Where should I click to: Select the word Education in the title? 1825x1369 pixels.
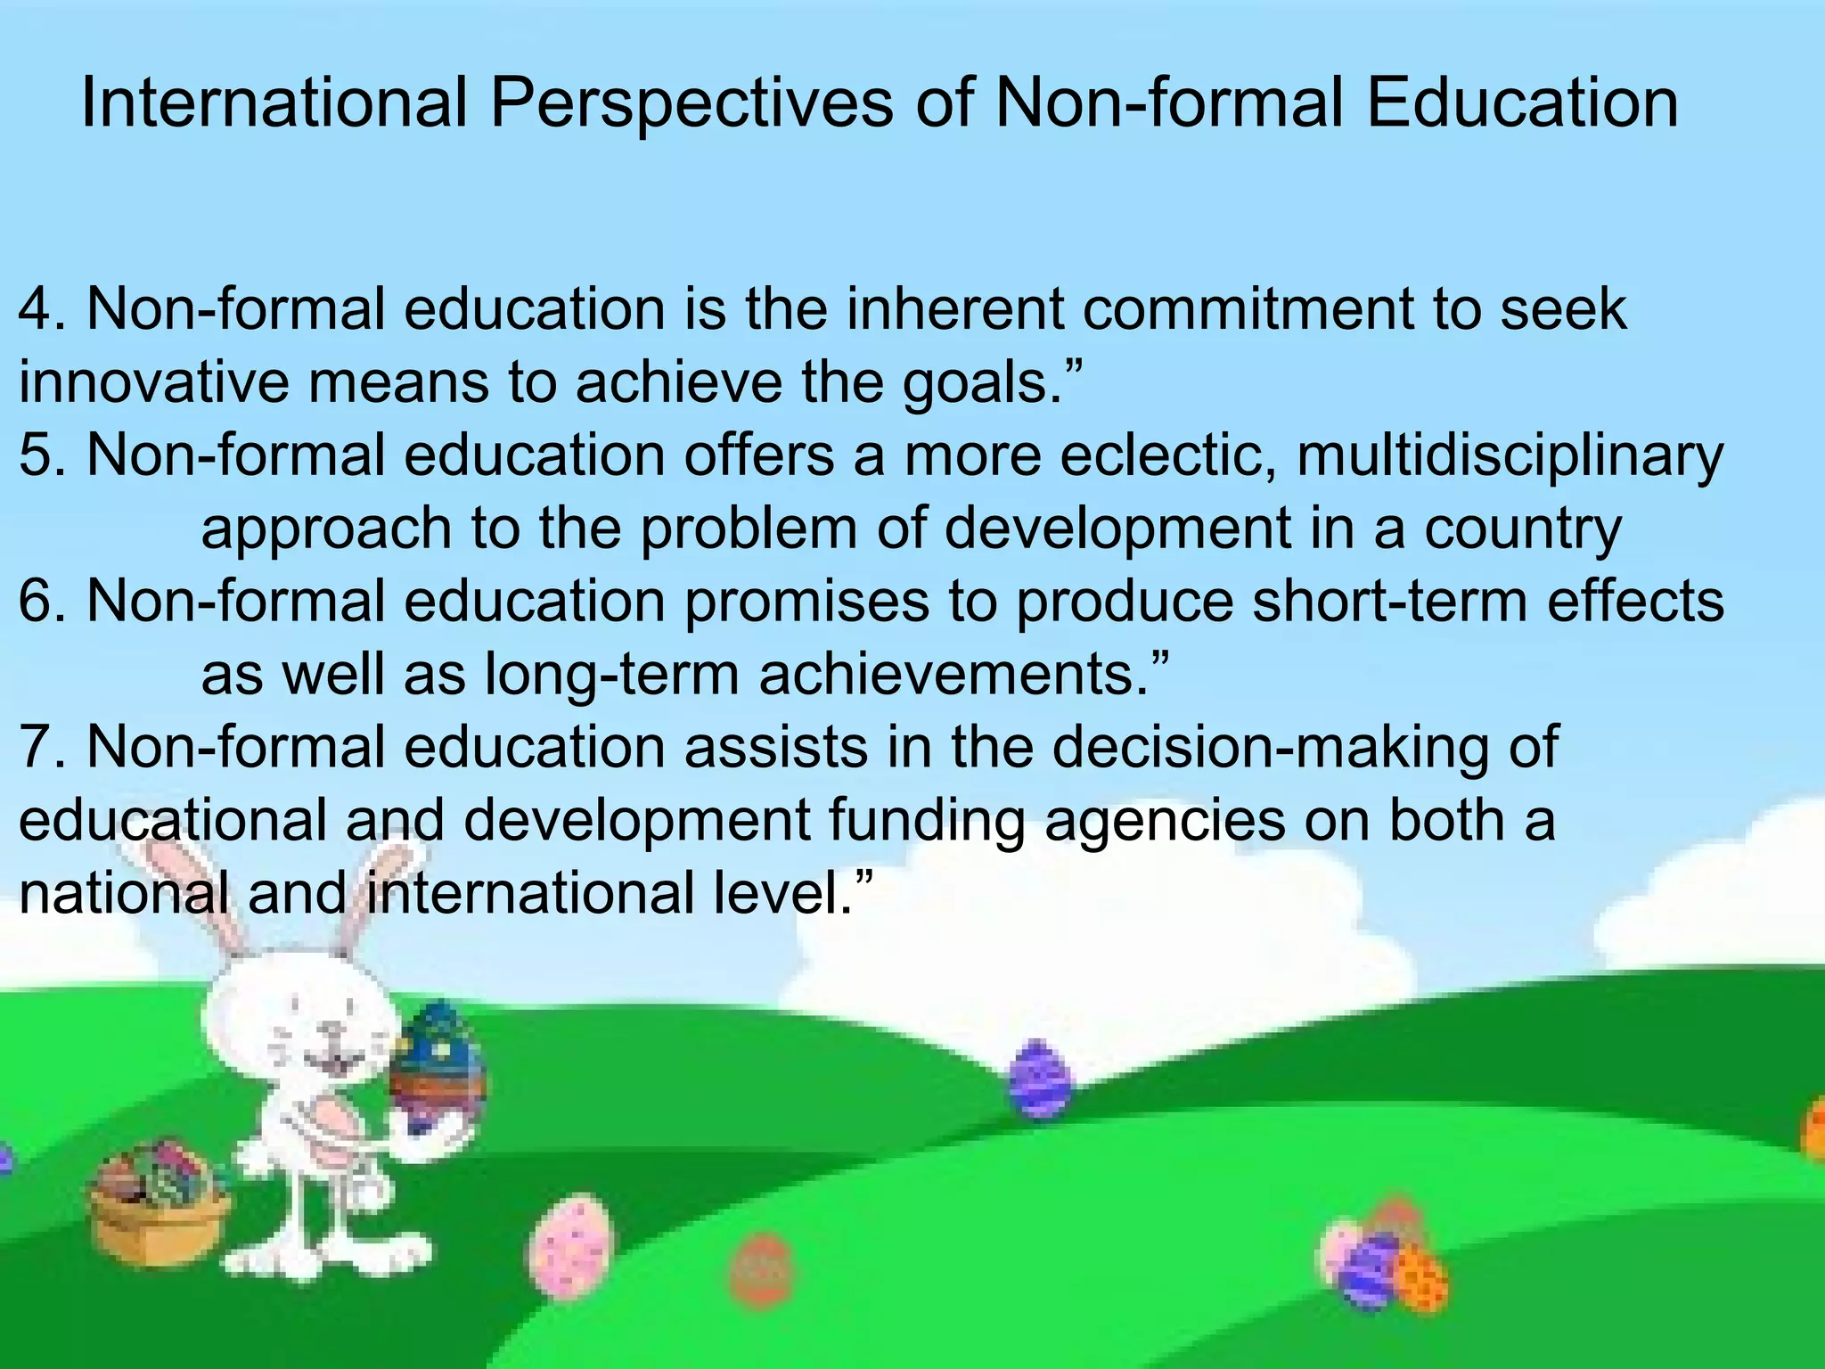(1522, 103)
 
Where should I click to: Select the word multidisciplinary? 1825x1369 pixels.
(1510, 456)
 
